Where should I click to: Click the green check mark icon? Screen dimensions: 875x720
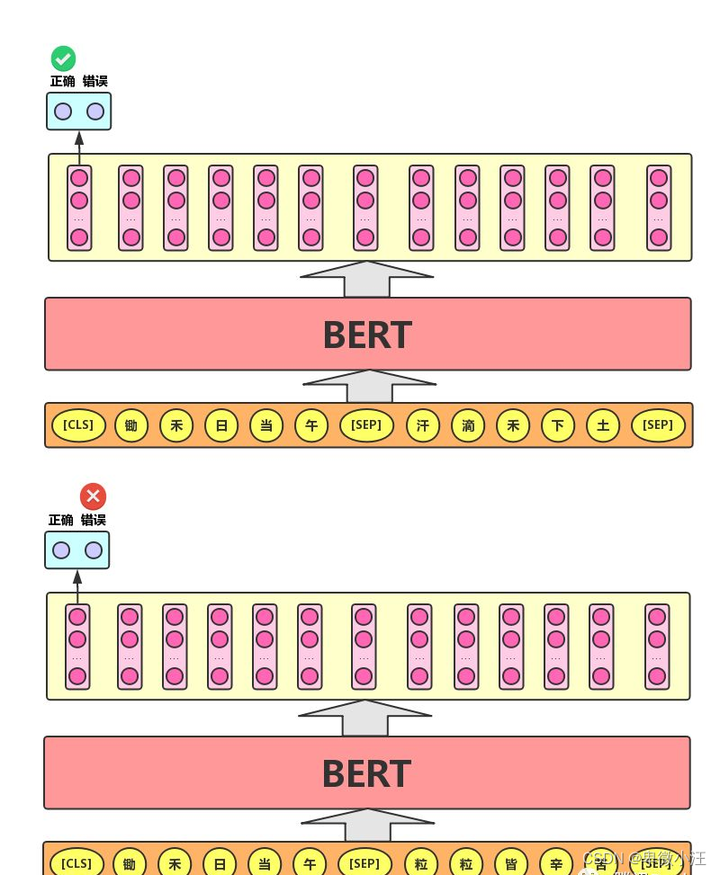click(x=63, y=59)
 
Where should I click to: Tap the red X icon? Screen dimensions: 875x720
click(x=93, y=496)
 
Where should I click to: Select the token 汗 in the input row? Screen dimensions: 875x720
click(x=423, y=425)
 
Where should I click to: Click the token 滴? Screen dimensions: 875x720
click(x=468, y=425)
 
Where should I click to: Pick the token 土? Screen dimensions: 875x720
click(x=603, y=425)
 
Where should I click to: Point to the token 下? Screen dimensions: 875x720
click(x=558, y=425)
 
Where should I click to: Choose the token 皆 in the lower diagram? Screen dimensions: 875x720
click(x=511, y=864)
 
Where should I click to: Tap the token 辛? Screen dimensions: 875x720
click(x=556, y=864)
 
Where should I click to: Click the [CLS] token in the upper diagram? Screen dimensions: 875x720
click(x=78, y=425)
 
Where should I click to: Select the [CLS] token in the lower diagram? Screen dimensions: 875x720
click(x=76, y=864)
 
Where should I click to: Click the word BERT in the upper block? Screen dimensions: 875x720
click(x=367, y=335)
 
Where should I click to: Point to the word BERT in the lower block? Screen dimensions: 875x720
click(x=366, y=774)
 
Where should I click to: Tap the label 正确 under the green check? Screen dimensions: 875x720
click(x=63, y=81)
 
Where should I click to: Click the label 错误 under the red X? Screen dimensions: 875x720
click(x=94, y=520)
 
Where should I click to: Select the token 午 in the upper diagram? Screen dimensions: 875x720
click(x=311, y=425)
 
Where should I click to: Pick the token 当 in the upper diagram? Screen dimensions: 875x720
click(x=266, y=425)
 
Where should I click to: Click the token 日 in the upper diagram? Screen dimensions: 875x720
click(x=221, y=425)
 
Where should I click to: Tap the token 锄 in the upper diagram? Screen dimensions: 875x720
click(x=131, y=425)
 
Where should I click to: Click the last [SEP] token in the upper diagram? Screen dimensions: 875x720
click(x=658, y=425)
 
